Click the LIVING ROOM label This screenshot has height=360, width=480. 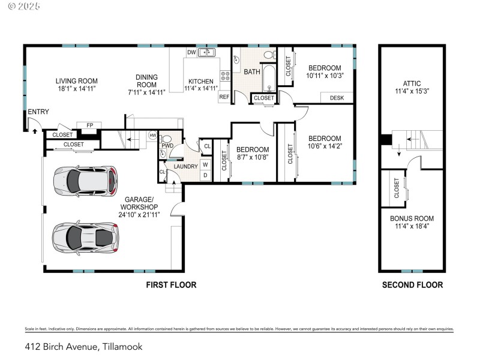(76, 81)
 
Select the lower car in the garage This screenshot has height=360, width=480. (84, 236)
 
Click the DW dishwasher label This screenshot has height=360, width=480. (191, 53)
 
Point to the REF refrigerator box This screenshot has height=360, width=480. (224, 97)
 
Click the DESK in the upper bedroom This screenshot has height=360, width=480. (337, 98)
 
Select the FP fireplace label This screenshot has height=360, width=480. (90, 125)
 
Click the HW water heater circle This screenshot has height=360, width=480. (153, 136)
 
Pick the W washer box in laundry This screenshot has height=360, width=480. (205, 164)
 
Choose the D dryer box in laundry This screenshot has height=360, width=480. (205, 175)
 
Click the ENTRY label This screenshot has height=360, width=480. (38, 112)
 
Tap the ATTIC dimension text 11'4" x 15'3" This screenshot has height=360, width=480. (412, 92)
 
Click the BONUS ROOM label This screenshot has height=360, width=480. (412, 218)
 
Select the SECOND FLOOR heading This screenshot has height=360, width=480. (412, 285)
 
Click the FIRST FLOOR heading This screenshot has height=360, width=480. (171, 285)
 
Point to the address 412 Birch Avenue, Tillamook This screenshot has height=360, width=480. (84, 346)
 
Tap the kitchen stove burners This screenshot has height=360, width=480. (226, 76)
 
